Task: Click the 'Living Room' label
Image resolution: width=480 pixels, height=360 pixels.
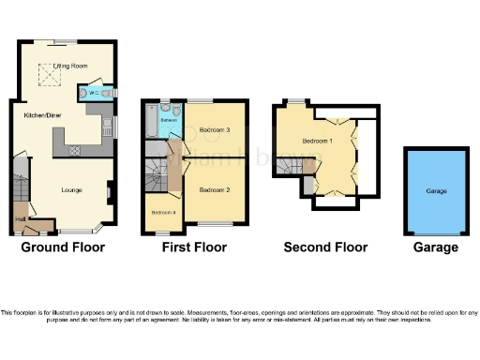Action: [x=67, y=67]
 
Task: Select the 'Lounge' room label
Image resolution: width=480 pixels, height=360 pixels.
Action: [x=70, y=190]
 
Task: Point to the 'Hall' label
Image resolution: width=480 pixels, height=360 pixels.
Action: [x=20, y=221]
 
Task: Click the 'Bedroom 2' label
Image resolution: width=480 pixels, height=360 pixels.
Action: [x=214, y=189]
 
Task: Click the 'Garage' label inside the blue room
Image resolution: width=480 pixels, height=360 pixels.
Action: [x=436, y=190]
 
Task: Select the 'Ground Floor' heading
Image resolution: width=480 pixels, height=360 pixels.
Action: [x=63, y=247]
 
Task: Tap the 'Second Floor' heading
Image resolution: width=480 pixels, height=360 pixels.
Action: [x=325, y=247]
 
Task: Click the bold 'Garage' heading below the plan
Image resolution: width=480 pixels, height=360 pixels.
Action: [x=436, y=247]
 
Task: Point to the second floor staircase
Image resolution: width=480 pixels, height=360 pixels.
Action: [x=301, y=167]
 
